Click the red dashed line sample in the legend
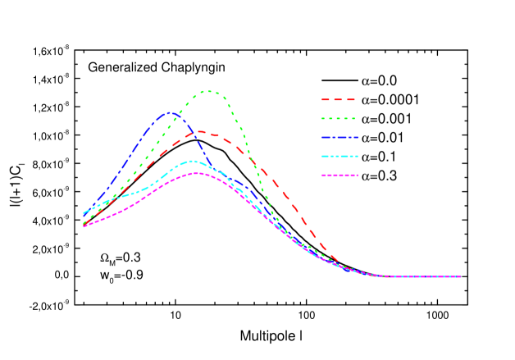(338, 99)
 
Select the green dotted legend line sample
(338, 118)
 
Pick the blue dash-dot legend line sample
(340, 137)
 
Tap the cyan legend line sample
(340, 156)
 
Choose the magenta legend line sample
(340, 175)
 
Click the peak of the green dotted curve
(208, 91)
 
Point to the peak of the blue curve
(168, 112)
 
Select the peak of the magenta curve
(197, 172)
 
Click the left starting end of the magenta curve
(84, 226)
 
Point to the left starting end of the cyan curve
(84, 213)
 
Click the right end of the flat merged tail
(461, 276)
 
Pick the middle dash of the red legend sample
(338, 99)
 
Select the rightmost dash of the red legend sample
(351, 99)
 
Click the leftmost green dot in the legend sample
(322, 118)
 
